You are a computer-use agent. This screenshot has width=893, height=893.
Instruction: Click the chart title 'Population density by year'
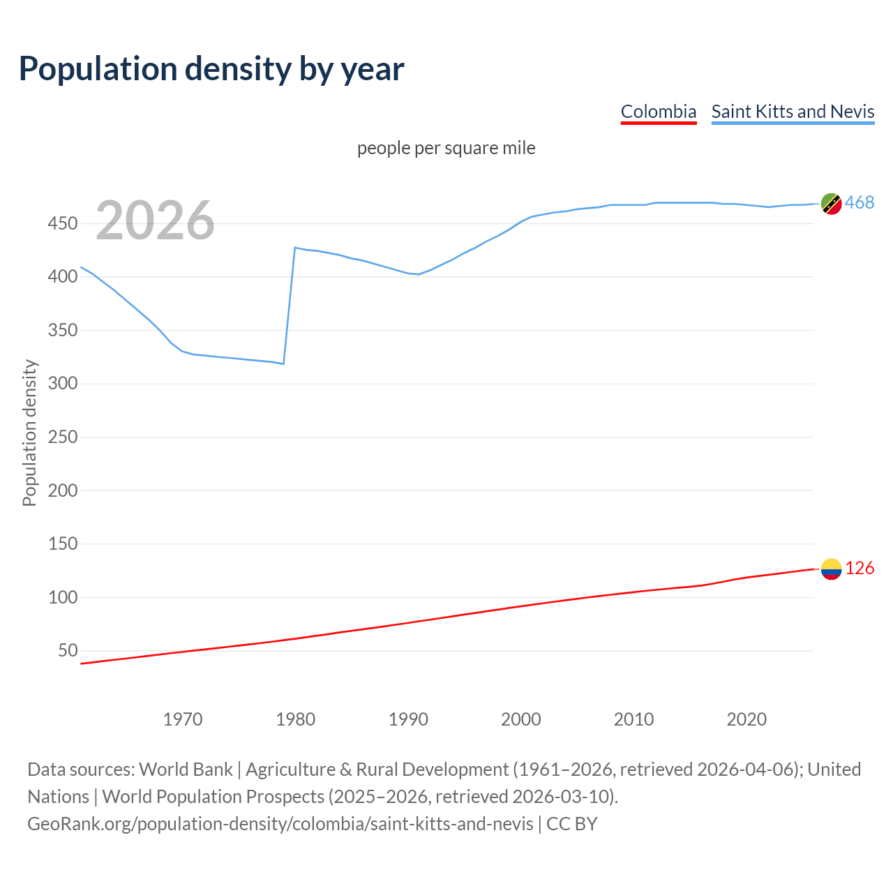(x=211, y=68)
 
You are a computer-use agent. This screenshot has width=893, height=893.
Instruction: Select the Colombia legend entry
(x=659, y=112)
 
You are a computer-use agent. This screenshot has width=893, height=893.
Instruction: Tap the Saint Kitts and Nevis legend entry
(x=793, y=112)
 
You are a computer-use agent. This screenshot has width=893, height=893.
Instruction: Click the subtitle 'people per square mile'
(x=446, y=148)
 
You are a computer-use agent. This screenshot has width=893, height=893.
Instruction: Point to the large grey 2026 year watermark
(x=155, y=220)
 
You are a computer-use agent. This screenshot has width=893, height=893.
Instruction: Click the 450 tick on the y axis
(x=62, y=223)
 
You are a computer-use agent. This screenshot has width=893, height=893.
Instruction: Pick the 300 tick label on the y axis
(x=62, y=383)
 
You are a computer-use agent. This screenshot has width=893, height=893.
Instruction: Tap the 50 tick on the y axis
(x=68, y=650)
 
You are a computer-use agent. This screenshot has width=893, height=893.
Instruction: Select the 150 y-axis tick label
(x=62, y=543)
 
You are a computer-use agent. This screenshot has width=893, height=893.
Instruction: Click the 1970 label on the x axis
(x=183, y=719)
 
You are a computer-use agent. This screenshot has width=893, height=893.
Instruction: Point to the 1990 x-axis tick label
(x=408, y=719)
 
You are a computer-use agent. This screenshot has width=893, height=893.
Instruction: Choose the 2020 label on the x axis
(x=746, y=719)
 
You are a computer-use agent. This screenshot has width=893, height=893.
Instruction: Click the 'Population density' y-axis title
(x=29, y=433)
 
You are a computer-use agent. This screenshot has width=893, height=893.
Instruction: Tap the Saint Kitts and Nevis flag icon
(x=831, y=204)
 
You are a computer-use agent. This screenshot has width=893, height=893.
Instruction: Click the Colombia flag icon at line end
(x=831, y=569)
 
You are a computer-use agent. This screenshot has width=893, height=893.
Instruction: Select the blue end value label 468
(x=860, y=203)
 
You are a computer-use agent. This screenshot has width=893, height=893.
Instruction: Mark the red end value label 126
(x=860, y=569)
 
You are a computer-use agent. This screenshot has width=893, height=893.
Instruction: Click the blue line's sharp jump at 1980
(x=290, y=306)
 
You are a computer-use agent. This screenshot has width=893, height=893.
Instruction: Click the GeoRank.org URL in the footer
(x=280, y=824)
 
